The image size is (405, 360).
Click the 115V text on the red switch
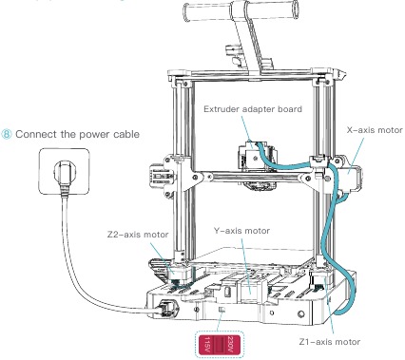point(213,341)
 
